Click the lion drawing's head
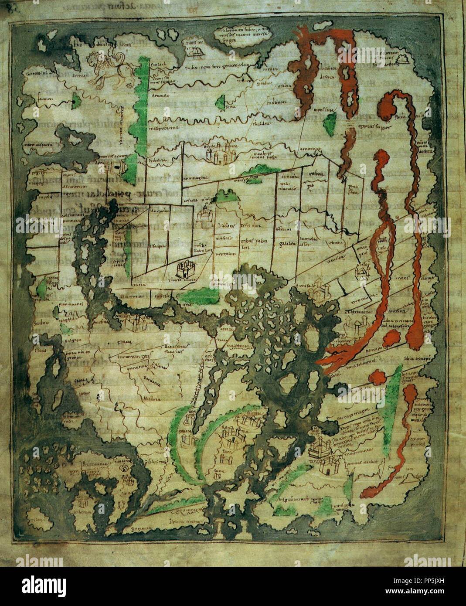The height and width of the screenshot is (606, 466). (94, 59)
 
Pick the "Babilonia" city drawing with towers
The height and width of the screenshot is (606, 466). (218, 153)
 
